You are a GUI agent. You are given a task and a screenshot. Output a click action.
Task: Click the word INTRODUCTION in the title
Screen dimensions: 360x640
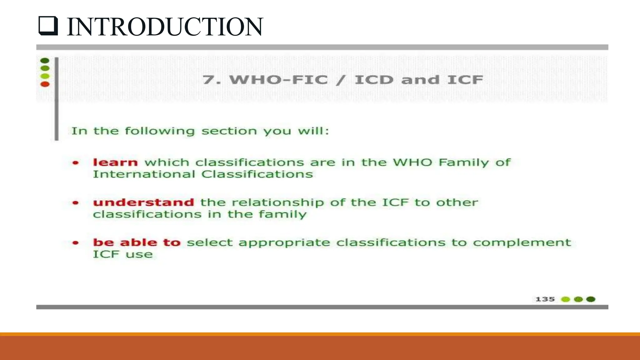(165, 27)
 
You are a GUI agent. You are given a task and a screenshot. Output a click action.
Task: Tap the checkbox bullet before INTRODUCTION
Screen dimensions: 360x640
(48, 26)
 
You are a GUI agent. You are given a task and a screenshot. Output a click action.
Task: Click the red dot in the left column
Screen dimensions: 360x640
(45, 84)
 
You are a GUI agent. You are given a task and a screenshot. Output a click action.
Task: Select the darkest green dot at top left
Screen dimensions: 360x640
(45, 60)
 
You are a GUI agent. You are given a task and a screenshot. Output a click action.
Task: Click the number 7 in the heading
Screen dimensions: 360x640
(209, 80)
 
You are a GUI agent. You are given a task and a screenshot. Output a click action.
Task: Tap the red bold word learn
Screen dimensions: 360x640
(115, 162)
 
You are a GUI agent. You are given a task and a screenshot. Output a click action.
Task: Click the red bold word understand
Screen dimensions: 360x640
(143, 202)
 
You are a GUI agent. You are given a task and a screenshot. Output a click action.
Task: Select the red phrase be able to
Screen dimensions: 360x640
(137, 242)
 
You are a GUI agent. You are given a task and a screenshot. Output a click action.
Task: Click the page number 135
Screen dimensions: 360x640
(545, 299)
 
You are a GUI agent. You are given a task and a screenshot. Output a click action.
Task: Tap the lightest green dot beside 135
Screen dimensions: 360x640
(566, 299)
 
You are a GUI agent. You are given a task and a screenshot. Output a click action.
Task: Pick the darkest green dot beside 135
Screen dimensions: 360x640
(591, 299)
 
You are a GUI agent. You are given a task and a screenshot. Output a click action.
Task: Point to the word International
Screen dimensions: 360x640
(144, 174)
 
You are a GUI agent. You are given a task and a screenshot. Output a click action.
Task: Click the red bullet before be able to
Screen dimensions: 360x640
(76, 243)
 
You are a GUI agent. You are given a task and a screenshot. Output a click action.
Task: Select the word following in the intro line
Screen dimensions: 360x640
(160, 131)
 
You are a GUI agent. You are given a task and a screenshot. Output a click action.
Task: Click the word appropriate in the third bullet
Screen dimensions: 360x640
(284, 243)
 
